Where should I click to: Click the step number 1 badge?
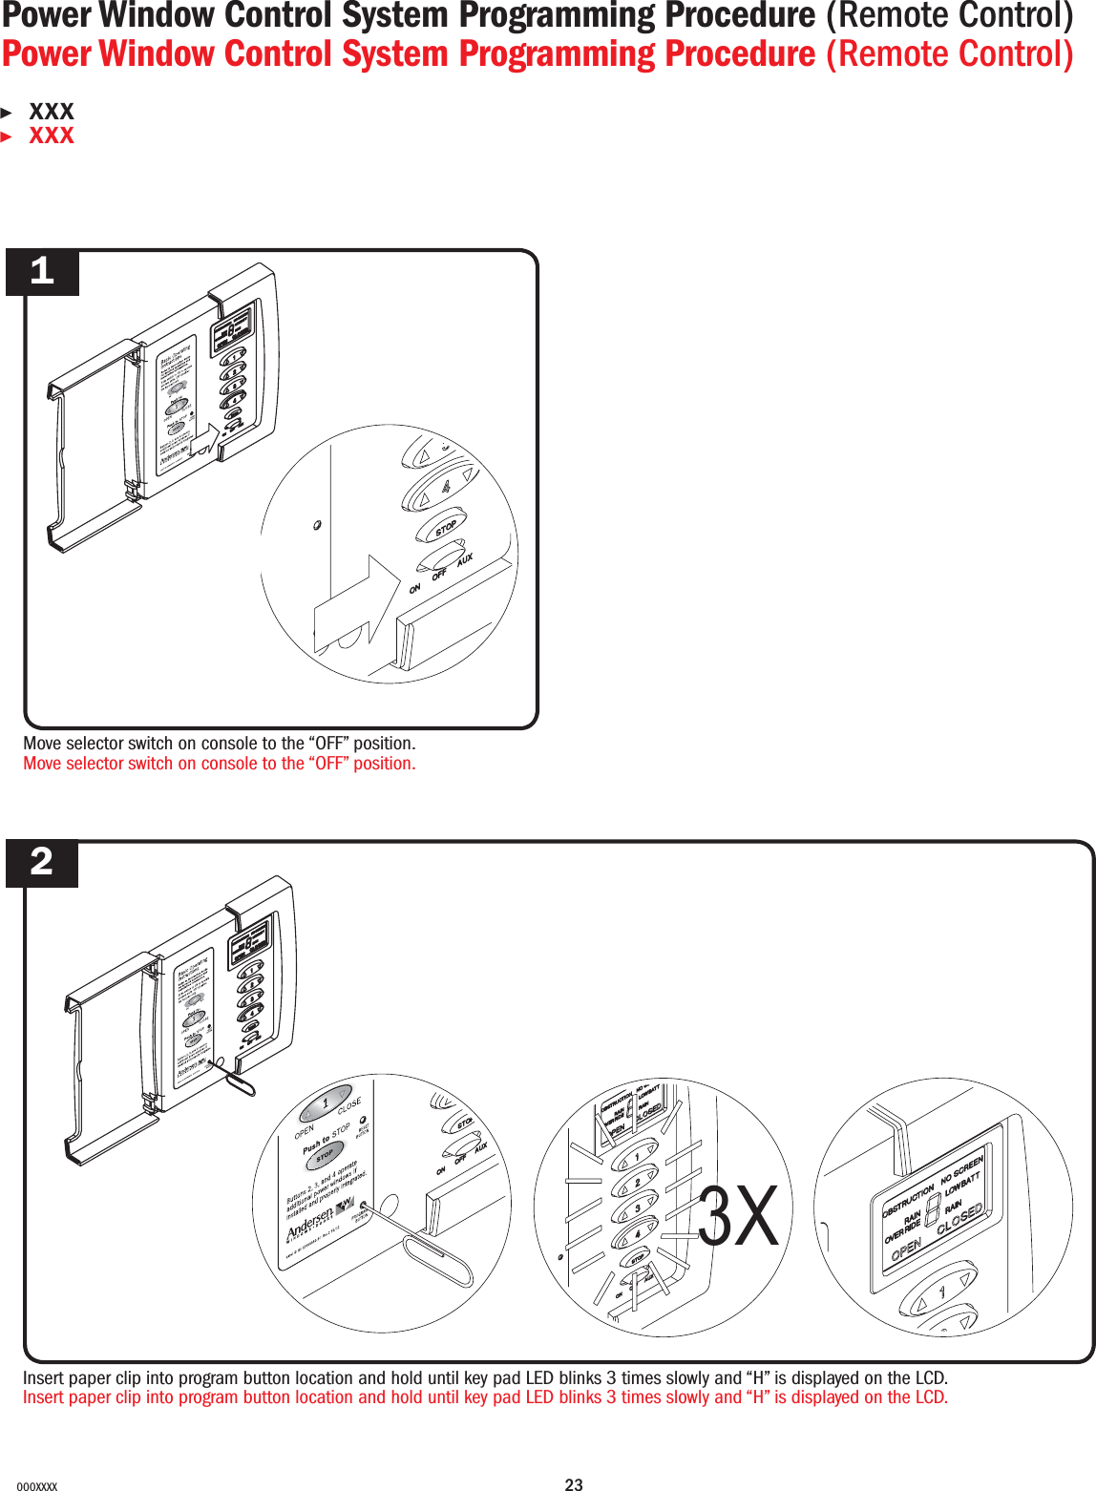point(42,272)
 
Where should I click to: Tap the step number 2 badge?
point(42,863)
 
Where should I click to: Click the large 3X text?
point(738,1217)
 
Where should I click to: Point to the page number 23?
point(574,1484)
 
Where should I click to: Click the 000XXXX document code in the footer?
point(37,1486)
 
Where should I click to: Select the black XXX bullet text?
point(52,112)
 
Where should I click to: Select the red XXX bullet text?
point(52,136)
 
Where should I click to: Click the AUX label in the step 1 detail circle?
point(465,559)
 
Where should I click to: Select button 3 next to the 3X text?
point(638,1207)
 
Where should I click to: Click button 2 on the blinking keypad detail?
point(638,1182)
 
